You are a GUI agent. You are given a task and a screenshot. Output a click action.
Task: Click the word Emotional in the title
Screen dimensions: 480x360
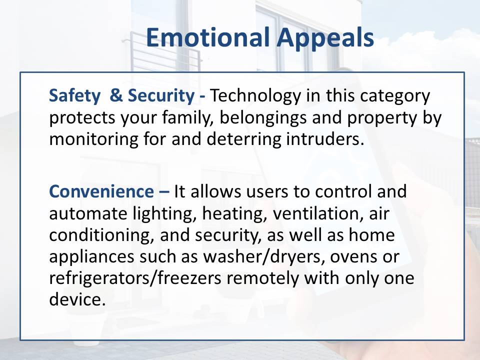coord(208,37)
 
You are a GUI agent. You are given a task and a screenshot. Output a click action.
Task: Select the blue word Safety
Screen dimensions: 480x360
coord(74,96)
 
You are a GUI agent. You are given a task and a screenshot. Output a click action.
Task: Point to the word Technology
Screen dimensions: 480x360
coord(255,96)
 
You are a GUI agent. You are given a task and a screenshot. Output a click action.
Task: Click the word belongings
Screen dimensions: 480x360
coord(263,118)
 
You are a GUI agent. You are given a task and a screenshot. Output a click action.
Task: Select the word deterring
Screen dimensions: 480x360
coord(243,139)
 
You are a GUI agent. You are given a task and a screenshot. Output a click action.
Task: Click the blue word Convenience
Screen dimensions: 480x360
coord(101,191)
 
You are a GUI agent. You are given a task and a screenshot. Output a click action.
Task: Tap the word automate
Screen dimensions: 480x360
coord(88,213)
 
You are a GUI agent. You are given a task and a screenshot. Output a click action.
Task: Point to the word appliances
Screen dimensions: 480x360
coord(91,257)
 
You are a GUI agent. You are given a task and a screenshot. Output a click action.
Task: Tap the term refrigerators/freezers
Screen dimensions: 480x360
coord(135,278)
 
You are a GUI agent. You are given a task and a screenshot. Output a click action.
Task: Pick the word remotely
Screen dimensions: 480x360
coord(262,278)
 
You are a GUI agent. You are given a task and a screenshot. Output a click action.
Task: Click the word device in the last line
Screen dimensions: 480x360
coord(77,299)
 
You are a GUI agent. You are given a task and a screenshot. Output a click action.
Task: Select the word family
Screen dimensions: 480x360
coord(188,118)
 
